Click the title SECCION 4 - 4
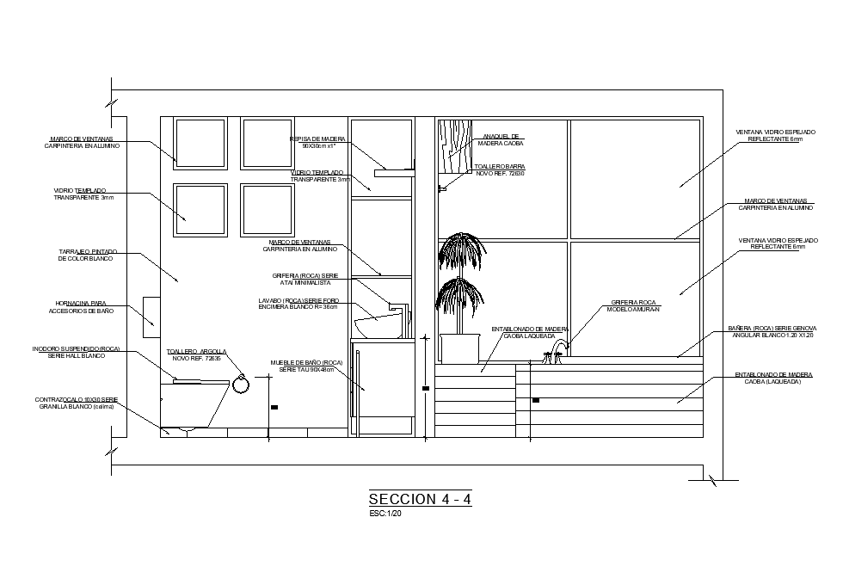tap(420, 499)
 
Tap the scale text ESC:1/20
tap(385, 514)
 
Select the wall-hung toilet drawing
tap(193, 404)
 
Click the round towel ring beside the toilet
tap(241, 384)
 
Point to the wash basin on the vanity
tap(379, 325)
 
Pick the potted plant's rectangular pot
tap(459, 348)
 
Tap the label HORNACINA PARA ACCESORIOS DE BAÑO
tap(81, 307)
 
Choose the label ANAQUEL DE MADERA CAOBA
tap(501, 139)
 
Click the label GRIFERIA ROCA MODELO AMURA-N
tap(633, 305)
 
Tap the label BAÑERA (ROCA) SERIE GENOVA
tap(772, 331)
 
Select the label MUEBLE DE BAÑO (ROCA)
tap(306, 366)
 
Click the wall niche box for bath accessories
tap(151, 311)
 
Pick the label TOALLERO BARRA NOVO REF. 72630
tap(500, 169)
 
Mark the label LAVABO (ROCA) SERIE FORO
tap(298, 304)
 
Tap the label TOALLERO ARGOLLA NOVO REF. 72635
tap(196, 354)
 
